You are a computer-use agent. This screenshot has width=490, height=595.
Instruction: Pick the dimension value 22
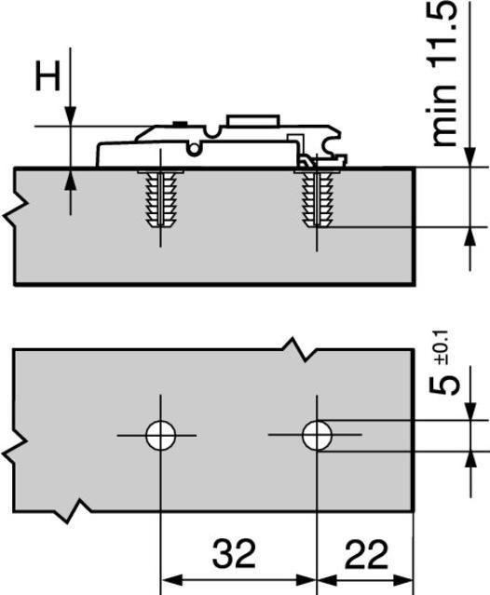(x=366, y=556)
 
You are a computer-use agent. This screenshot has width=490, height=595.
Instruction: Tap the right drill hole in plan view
(x=318, y=435)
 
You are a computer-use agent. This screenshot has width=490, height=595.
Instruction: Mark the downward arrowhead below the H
(x=68, y=115)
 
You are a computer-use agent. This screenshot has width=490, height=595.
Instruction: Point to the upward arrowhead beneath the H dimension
(x=68, y=179)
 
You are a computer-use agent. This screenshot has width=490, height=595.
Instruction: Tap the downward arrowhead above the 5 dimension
(x=470, y=410)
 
